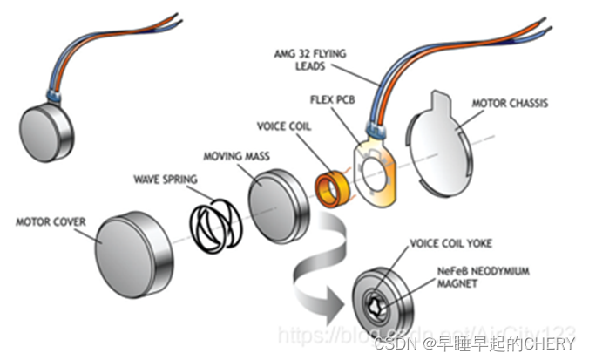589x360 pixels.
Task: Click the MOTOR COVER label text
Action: pos(51,222)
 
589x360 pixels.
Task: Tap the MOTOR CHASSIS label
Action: pos(510,104)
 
